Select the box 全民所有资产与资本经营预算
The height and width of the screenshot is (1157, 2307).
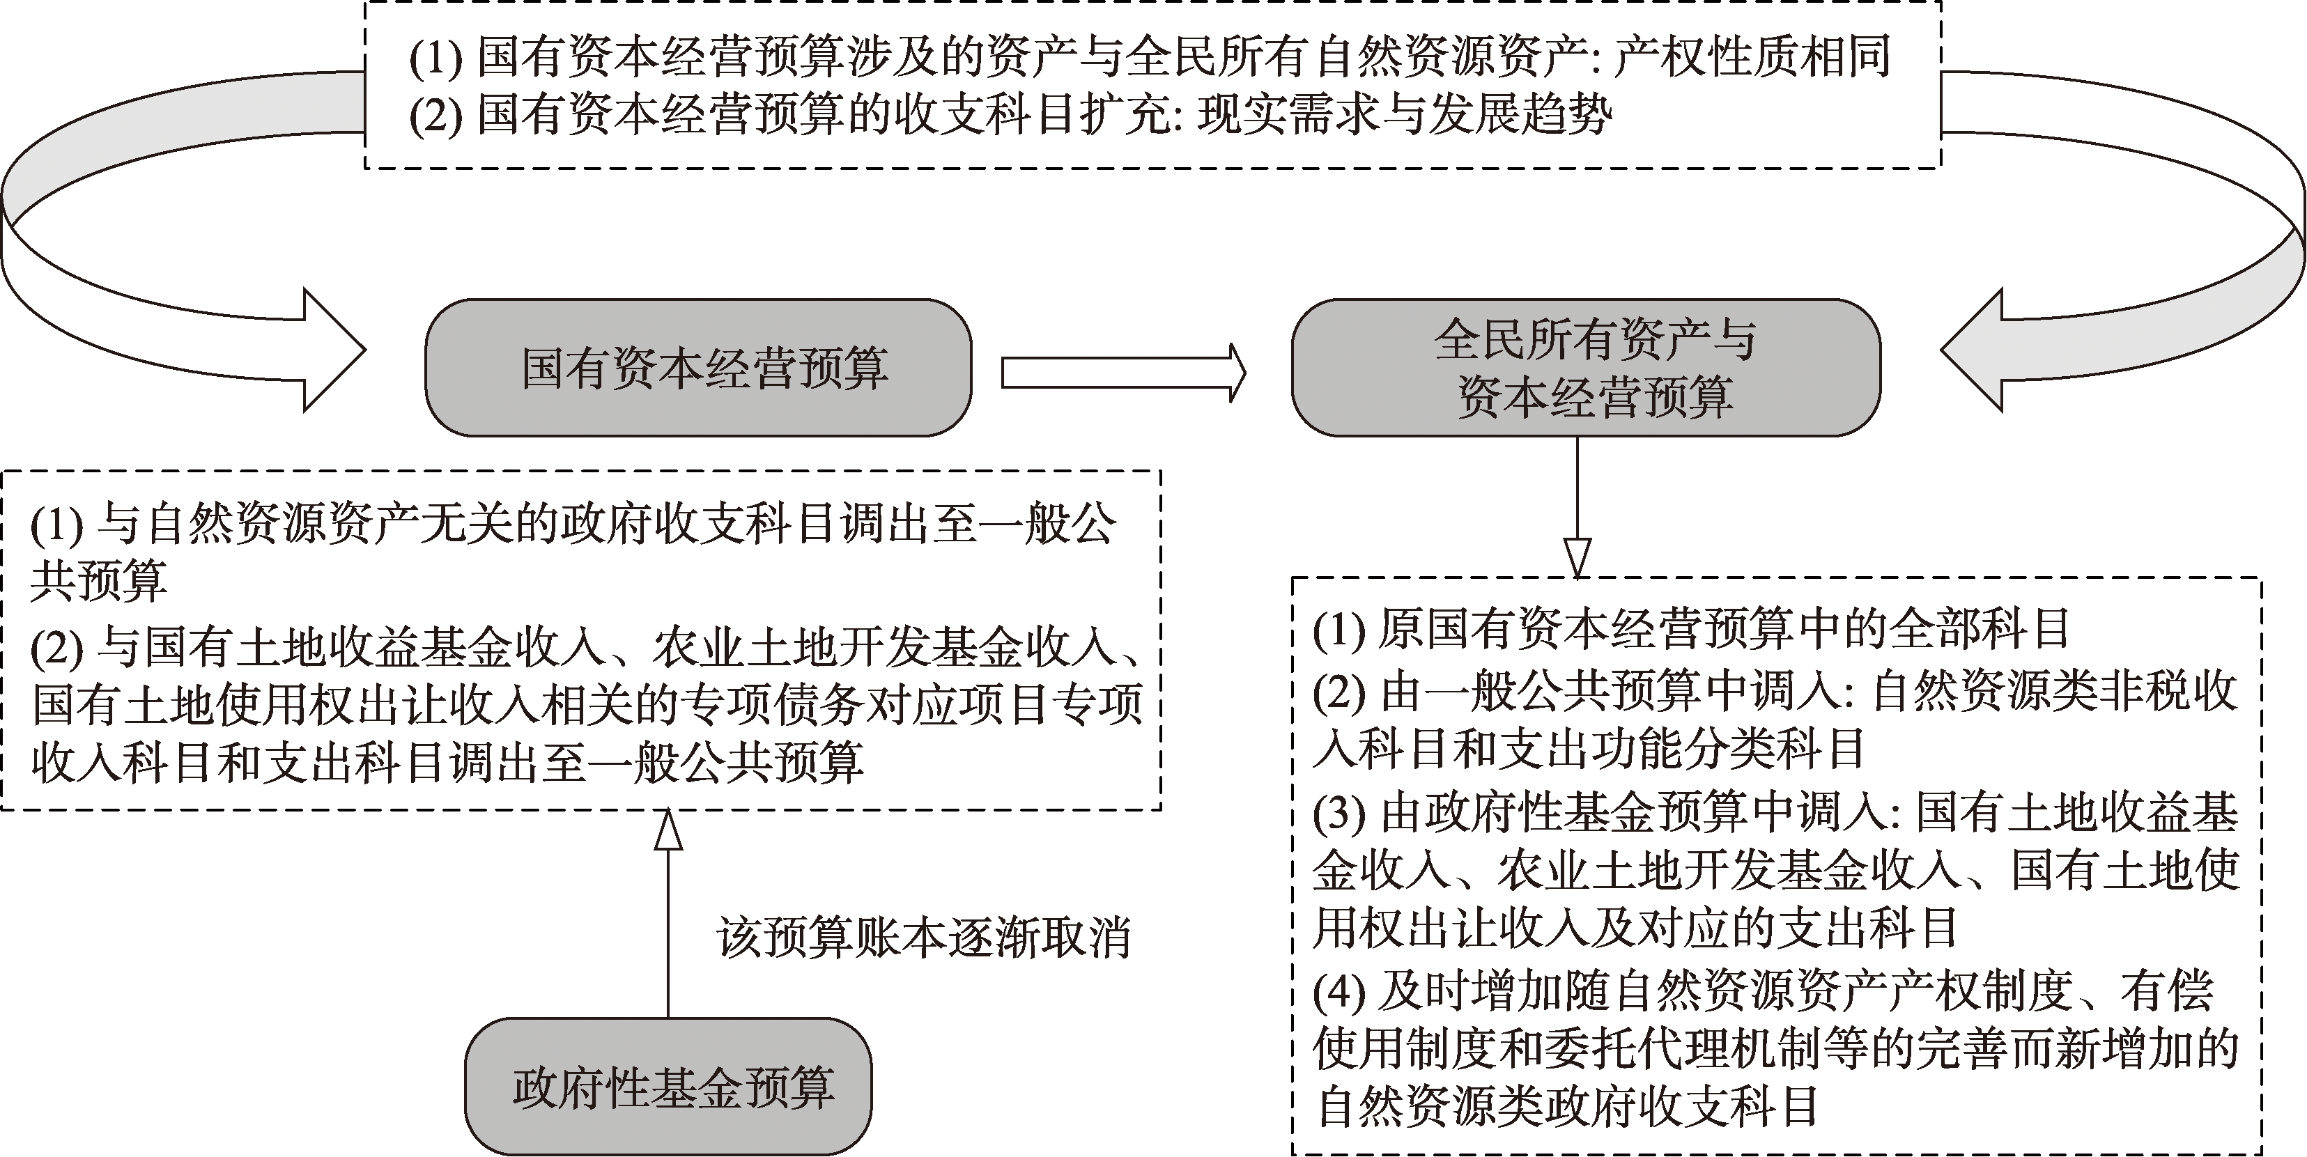1586,367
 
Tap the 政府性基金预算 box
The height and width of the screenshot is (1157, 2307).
668,1085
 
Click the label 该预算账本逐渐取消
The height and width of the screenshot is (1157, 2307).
923,938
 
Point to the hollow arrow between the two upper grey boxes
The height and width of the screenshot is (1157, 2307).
1123,373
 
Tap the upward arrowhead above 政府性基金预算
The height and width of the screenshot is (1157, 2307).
668,828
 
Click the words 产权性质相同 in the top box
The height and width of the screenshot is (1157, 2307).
1752,56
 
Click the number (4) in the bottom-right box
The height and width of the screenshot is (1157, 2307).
1340,991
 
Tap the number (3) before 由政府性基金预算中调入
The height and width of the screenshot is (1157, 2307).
1340,812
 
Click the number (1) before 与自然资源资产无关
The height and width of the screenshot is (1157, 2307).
57,525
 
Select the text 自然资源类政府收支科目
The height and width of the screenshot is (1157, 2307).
1566,1107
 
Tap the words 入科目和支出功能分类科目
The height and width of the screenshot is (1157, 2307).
1589,750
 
